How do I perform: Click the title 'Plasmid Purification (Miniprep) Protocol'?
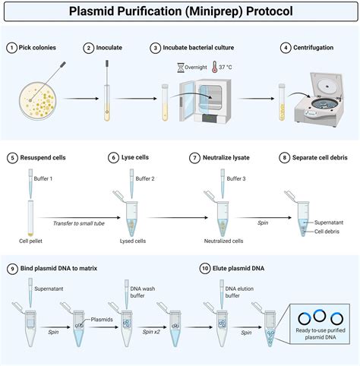click(x=180, y=11)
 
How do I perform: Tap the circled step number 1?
click(x=11, y=47)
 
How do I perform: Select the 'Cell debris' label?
click(x=329, y=231)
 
